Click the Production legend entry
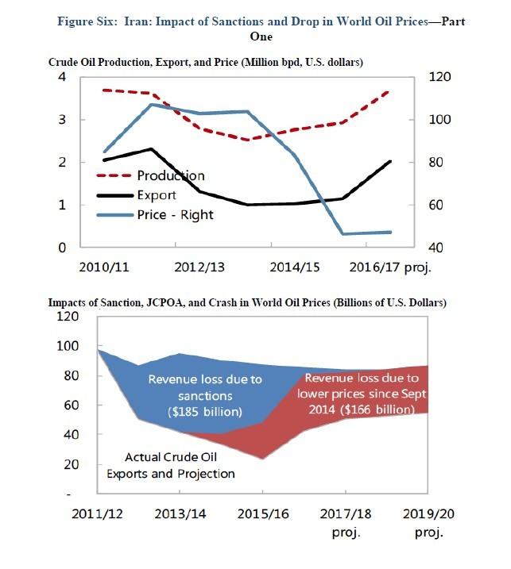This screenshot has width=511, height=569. (x=170, y=175)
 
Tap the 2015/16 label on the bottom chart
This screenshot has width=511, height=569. (x=262, y=514)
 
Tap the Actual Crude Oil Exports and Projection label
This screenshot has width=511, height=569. (x=181, y=465)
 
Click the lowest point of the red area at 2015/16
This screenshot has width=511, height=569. (x=262, y=459)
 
